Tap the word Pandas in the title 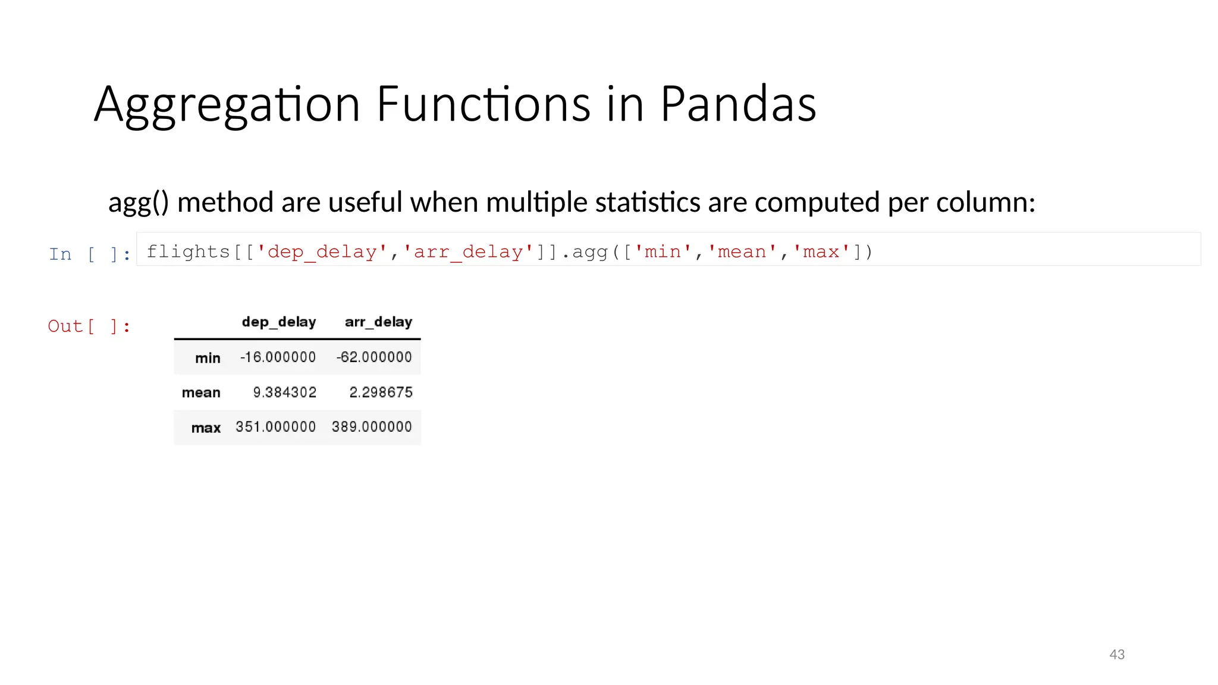click(738, 105)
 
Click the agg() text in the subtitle click(139, 203)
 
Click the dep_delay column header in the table click(279, 322)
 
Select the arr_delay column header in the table click(378, 322)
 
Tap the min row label click(208, 358)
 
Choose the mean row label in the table click(201, 392)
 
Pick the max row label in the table click(206, 428)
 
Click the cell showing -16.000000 click(278, 357)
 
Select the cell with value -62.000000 click(374, 357)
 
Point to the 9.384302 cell click(284, 392)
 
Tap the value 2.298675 click(381, 392)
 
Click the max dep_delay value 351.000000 click(275, 427)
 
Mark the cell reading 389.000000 click(372, 427)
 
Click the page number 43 click(1117, 655)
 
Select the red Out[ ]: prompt click(89, 326)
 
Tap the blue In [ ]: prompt click(90, 254)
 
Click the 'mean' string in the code click(742, 252)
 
